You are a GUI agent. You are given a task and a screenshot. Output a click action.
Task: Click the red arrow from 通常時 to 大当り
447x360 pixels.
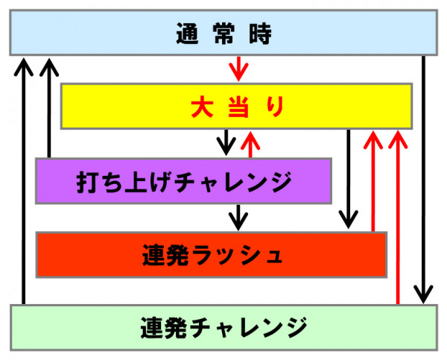pyautogui.click(x=238, y=69)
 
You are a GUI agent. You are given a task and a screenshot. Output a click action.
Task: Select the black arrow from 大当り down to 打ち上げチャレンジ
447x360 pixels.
pyautogui.click(x=226, y=142)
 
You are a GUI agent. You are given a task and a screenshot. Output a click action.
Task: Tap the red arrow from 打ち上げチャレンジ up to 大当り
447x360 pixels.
pyautogui.click(x=250, y=144)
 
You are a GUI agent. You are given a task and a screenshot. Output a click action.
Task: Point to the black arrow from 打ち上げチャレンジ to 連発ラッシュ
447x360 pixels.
pyautogui.click(x=238, y=218)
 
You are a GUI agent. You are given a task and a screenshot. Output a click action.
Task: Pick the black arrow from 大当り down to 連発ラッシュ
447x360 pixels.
pyautogui.click(x=348, y=179)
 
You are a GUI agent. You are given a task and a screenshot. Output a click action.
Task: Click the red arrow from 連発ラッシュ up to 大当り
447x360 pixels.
pyautogui.click(x=373, y=181)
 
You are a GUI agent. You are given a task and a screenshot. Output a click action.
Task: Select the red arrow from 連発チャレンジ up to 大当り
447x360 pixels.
pyautogui.click(x=398, y=218)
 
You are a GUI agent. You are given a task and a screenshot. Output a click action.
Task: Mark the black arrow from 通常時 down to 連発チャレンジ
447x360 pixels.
pyautogui.click(x=424, y=180)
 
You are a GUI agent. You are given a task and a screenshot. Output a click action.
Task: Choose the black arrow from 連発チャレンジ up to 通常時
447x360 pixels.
pyautogui.click(x=24, y=181)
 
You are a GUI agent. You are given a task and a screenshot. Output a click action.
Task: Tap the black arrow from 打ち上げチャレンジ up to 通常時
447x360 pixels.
pyautogui.click(x=49, y=108)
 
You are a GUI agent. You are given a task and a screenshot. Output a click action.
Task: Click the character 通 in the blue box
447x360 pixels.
pyautogui.click(x=187, y=34)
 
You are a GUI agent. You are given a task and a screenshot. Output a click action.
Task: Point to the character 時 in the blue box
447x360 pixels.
pyautogui.click(x=260, y=34)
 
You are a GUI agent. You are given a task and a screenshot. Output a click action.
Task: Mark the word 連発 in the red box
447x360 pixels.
pyautogui.click(x=165, y=255)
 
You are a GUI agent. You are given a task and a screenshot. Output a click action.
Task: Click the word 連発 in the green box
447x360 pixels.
pyautogui.click(x=164, y=328)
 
